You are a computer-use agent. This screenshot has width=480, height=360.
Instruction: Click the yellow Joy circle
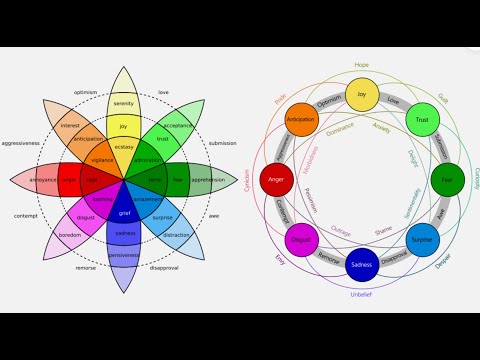tap(362, 96)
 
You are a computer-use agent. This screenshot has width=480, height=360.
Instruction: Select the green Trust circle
tap(421, 121)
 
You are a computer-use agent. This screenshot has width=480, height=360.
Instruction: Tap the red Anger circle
tap(276, 181)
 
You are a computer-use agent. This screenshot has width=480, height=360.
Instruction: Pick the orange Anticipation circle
tap(301, 120)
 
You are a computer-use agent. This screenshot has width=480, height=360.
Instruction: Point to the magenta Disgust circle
tap(301, 241)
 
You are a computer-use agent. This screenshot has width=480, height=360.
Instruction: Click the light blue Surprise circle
tap(422, 241)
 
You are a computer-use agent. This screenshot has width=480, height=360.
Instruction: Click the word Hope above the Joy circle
tap(362, 65)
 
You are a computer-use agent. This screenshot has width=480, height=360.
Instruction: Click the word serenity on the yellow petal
tap(124, 104)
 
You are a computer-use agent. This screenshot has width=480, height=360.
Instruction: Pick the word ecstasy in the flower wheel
tap(124, 147)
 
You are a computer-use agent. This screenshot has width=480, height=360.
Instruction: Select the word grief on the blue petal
tap(124, 213)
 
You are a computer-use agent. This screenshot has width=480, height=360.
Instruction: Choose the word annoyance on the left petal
tap(44, 180)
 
